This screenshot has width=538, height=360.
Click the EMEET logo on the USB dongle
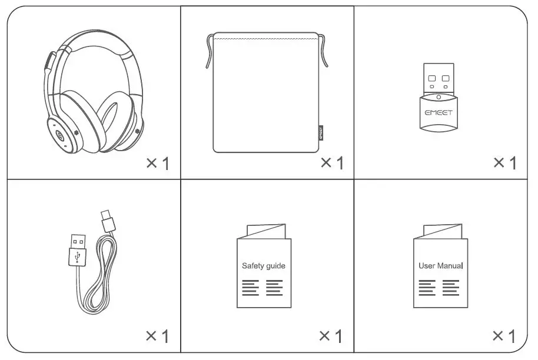439,111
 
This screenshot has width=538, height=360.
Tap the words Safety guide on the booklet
263,266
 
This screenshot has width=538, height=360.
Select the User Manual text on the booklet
440,266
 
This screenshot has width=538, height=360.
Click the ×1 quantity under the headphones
157,163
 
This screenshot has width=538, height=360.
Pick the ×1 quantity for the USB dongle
504,163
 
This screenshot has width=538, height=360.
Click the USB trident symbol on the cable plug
77,256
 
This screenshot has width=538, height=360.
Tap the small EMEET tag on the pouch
320,131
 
